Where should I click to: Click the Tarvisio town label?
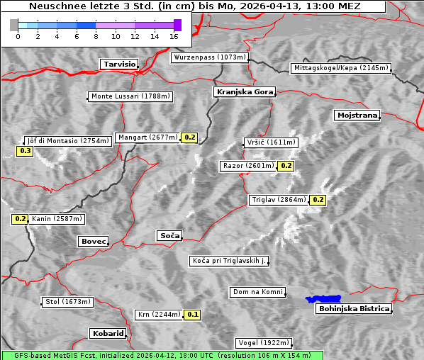(x=119, y=64)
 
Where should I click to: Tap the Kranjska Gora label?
(x=243, y=92)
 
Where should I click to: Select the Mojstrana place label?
(x=357, y=115)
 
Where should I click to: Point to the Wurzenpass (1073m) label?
(x=210, y=57)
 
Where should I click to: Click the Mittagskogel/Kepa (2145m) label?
(x=340, y=68)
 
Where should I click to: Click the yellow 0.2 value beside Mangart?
(x=189, y=137)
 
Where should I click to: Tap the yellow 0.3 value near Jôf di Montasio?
(x=25, y=151)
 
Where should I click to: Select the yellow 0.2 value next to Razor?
(x=286, y=166)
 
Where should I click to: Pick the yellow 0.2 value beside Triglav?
(x=318, y=200)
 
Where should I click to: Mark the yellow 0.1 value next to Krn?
(x=192, y=315)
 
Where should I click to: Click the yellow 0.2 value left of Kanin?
(x=20, y=220)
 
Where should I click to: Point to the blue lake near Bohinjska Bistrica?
(x=323, y=299)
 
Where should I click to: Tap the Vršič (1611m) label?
(x=270, y=142)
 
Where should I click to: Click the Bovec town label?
(x=93, y=242)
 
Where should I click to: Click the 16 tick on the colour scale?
(x=174, y=35)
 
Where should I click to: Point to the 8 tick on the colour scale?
(x=96, y=35)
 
